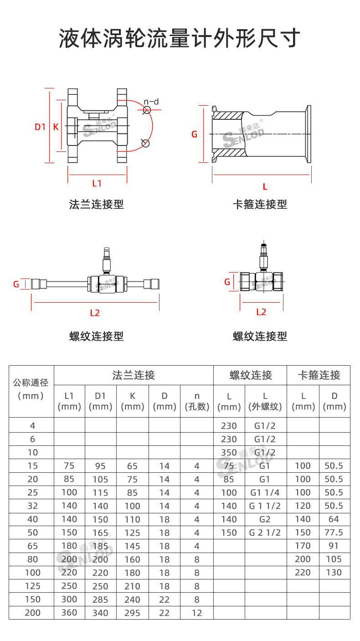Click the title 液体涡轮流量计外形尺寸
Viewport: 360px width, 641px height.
pos(180,38)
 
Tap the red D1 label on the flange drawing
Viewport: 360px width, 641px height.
pos(41,127)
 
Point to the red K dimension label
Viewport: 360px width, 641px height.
pos(56,127)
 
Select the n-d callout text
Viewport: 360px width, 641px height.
pos(151,102)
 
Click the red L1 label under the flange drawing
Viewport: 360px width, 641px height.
pos(97,183)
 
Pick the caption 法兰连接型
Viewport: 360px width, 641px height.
pos(96,204)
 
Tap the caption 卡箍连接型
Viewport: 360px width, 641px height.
pos(260,204)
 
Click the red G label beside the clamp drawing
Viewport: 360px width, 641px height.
pos(195,134)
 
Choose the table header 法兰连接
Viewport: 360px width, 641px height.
pos(134,375)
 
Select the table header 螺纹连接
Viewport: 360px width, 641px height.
pos(250,375)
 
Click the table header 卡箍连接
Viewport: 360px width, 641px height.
pos(319,375)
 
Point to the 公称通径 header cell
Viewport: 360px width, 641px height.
pos(31,383)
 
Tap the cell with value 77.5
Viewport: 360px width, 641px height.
pos(334,532)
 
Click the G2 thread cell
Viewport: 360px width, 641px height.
pos(265,519)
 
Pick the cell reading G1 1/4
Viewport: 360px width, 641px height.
pos(265,492)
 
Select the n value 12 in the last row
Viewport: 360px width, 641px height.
pos(196,613)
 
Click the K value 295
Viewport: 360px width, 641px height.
pos(132,613)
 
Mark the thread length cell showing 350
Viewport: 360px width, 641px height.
pos(229,453)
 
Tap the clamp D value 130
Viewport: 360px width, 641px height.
pos(334,573)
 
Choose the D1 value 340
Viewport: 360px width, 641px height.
pos(100,613)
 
